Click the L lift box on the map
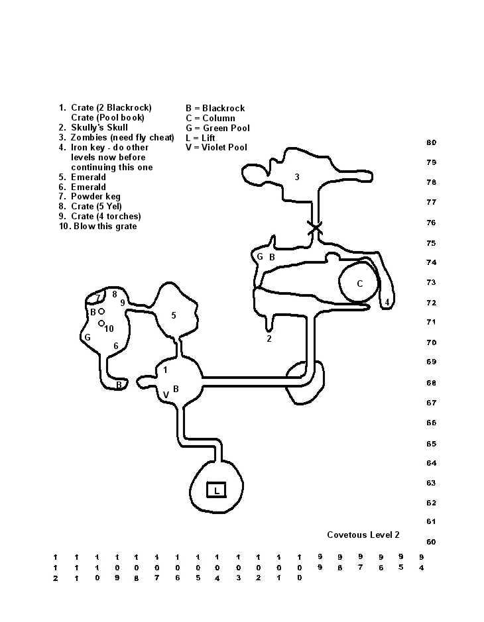click(x=216, y=490)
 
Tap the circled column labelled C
click(x=359, y=284)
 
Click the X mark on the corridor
click(x=314, y=228)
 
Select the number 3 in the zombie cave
click(x=297, y=177)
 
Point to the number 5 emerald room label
click(x=174, y=315)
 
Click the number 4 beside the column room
click(x=387, y=303)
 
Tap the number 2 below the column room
click(x=269, y=338)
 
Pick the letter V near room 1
click(x=166, y=395)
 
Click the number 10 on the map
click(x=109, y=329)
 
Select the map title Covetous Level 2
click(x=363, y=535)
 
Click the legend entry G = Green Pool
click(x=217, y=128)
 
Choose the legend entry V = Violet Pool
click(x=216, y=147)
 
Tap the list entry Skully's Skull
click(x=99, y=127)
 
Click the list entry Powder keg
click(x=95, y=196)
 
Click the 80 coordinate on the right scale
click(x=431, y=142)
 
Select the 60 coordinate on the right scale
click(x=431, y=542)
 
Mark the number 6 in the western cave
click(x=116, y=346)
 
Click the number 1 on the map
click(x=165, y=370)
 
